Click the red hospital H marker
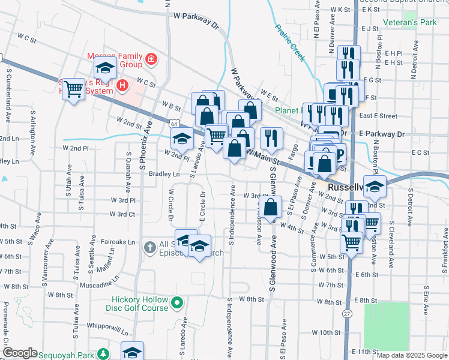tap(122, 86)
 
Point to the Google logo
tap(20, 353)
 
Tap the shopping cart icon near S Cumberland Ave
tap(73, 89)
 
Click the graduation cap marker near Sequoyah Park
tap(132, 352)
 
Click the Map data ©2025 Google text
tap(411, 355)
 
